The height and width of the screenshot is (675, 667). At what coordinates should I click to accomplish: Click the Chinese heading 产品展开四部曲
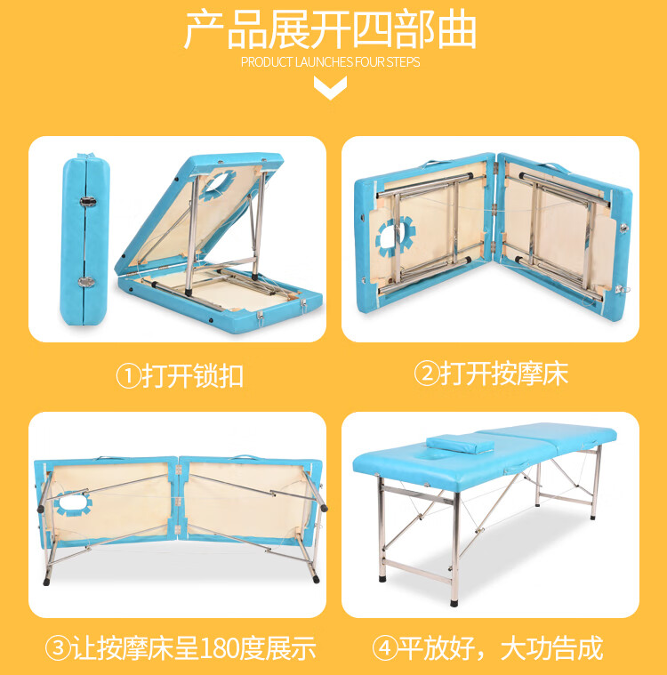tap(330, 31)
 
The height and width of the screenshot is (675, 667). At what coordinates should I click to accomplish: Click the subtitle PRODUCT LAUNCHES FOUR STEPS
tap(330, 62)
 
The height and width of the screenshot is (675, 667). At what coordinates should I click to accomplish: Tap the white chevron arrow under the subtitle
tap(330, 87)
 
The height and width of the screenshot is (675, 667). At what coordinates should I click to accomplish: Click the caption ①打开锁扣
tap(180, 376)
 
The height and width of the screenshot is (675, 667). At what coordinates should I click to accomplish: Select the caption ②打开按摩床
tap(491, 374)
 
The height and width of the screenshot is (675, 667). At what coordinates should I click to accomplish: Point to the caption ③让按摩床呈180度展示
tap(181, 648)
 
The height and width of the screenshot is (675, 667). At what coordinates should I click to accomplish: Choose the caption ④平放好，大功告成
tap(487, 648)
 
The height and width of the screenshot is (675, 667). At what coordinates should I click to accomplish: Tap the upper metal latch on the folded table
tap(88, 201)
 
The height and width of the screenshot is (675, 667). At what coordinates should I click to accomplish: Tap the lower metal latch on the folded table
tap(86, 282)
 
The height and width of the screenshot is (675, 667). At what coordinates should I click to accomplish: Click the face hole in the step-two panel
tap(392, 237)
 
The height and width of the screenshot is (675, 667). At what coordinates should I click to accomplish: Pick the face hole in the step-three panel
tap(73, 503)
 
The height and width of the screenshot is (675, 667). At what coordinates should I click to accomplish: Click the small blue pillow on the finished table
tap(461, 444)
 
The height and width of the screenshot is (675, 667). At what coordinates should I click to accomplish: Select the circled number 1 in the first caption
tap(128, 376)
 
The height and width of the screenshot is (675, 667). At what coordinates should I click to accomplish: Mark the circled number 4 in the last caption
tap(384, 648)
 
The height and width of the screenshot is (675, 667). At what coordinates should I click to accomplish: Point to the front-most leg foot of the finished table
tap(454, 602)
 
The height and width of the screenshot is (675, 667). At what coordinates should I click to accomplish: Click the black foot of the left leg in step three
tap(46, 582)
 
